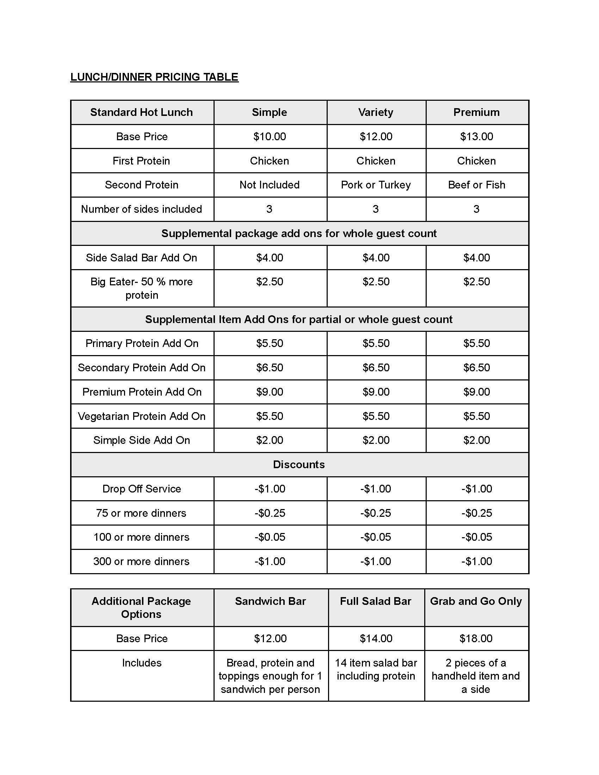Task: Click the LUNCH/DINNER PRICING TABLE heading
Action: [x=154, y=77]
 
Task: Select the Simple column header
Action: [x=269, y=112]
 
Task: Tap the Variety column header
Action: [x=376, y=112]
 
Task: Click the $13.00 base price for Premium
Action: [x=476, y=137]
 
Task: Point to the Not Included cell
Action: [x=269, y=185]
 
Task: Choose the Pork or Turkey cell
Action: [x=376, y=185]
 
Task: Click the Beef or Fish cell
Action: [x=476, y=185]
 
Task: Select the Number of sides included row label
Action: [x=141, y=209]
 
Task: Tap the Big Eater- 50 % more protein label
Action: [x=141, y=288]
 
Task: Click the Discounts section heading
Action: [x=299, y=465]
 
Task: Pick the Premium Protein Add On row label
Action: [x=142, y=392]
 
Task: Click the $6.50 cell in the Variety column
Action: [x=376, y=368]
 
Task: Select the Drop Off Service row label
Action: [x=142, y=489]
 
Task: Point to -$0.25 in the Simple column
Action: [x=269, y=513]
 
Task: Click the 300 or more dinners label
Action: [x=141, y=562]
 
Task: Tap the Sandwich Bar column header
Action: [x=270, y=601]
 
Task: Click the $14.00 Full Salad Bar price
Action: [x=376, y=639]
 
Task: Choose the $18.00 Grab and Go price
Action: [x=476, y=639]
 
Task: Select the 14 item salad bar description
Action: [x=376, y=669]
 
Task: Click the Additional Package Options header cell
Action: [x=141, y=608]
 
